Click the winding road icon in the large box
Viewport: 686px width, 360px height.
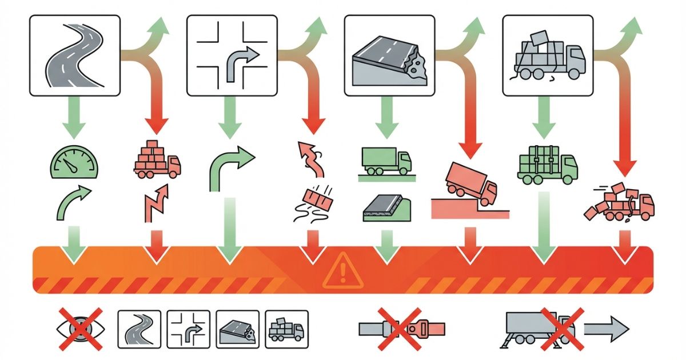click(75, 55)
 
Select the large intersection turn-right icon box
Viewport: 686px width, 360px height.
click(232, 55)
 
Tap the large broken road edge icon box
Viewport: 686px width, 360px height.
click(389, 55)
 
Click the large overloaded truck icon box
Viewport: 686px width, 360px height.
click(547, 55)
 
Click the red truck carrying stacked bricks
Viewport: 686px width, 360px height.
click(157, 158)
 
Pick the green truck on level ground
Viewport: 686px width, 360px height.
click(386, 162)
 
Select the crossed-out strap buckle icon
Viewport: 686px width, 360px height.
click(401, 329)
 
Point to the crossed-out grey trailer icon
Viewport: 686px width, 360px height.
click(540, 329)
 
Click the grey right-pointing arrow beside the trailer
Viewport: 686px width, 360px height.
click(606, 329)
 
